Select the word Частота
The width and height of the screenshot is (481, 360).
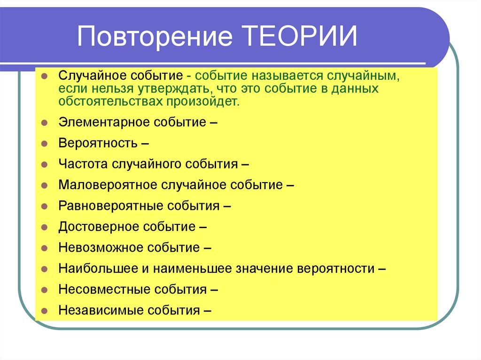(84, 164)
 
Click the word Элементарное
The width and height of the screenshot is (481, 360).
(103, 123)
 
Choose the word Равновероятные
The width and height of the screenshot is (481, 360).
(109, 206)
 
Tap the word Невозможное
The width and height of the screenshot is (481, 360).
(101, 247)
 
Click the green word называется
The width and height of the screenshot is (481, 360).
(279, 76)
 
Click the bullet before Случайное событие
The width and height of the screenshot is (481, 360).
(43, 76)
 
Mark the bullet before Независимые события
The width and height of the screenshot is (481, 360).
(43, 310)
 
